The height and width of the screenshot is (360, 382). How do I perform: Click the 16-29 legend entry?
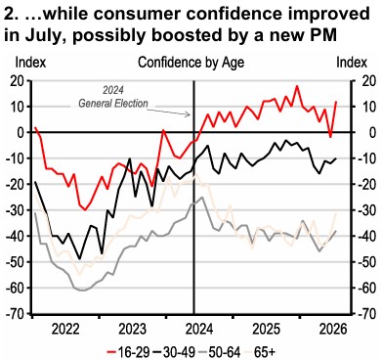coord(128,352)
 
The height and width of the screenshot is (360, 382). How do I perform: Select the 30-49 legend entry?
coord(174,352)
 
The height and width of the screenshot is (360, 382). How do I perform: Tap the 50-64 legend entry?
coord(220,352)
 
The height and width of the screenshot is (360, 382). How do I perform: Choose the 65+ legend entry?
coord(260,352)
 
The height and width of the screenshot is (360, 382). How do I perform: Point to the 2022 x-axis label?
coord(65,329)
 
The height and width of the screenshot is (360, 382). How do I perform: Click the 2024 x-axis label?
coord(199,329)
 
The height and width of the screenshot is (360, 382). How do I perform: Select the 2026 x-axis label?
coord(333,329)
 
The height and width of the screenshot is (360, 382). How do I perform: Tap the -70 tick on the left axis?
coord(15,314)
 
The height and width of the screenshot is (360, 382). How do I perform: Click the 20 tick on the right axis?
coord(368,81)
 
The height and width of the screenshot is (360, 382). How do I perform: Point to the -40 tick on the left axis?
coord(15,236)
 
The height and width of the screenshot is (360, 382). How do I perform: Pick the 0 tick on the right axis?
coord(364,133)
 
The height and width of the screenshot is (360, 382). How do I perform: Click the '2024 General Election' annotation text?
coord(113,97)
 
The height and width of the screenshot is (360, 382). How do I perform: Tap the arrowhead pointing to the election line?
coord(189,114)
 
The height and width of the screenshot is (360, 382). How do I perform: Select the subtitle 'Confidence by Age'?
coord(191,63)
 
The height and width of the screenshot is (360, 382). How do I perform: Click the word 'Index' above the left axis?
coord(30,63)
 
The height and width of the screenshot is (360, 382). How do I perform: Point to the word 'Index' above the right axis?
coord(352,63)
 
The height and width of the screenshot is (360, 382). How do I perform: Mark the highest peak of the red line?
coord(297,86)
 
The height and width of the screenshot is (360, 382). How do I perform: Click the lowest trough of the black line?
coord(79,259)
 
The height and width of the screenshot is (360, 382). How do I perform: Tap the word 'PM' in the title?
coord(323,34)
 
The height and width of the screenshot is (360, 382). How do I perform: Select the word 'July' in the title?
coord(44,35)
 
